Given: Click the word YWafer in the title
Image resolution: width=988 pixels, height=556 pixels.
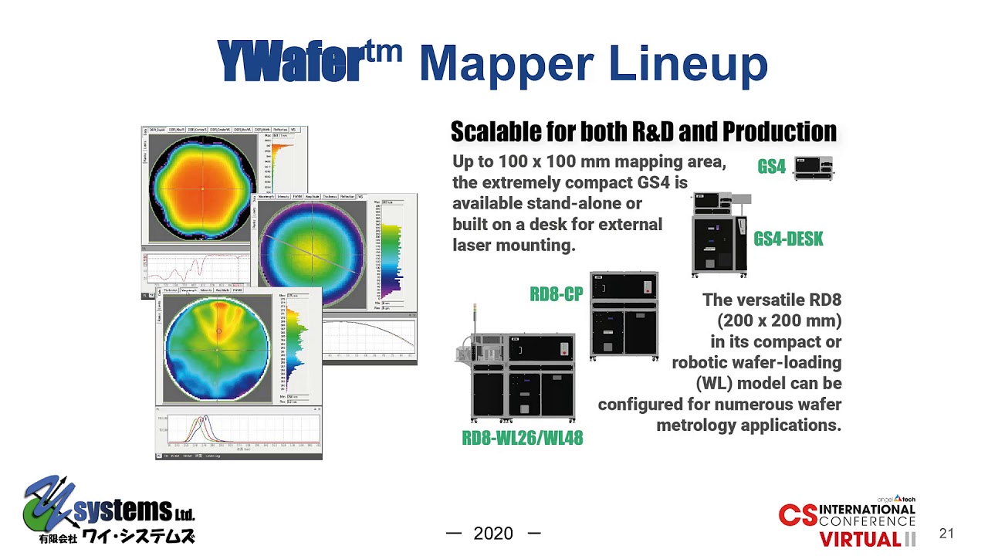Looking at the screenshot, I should [x=289, y=62].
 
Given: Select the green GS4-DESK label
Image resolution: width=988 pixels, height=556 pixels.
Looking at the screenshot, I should [x=788, y=239].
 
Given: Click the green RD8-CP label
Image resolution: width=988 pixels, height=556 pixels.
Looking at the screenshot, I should [x=556, y=294].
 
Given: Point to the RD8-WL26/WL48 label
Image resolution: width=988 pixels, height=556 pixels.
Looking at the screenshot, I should [x=522, y=439].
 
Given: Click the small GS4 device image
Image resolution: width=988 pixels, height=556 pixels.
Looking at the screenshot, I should [x=814, y=168].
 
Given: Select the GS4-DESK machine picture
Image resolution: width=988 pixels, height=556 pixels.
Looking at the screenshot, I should [x=719, y=236].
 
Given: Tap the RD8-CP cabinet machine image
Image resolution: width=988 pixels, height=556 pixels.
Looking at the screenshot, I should [x=624, y=315].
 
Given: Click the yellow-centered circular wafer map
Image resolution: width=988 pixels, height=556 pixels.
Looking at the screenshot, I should [x=313, y=252].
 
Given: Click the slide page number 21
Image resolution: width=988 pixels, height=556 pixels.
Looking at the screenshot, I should [x=946, y=534].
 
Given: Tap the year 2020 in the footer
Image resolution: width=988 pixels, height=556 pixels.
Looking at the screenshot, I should [x=492, y=534].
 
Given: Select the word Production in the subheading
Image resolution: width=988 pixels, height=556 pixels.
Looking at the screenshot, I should [x=779, y=132].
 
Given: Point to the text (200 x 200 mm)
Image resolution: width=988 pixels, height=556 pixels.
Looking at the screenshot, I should [x=779, y=320].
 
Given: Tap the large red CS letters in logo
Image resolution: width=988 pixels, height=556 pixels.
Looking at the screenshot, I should [x=797, y=515].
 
